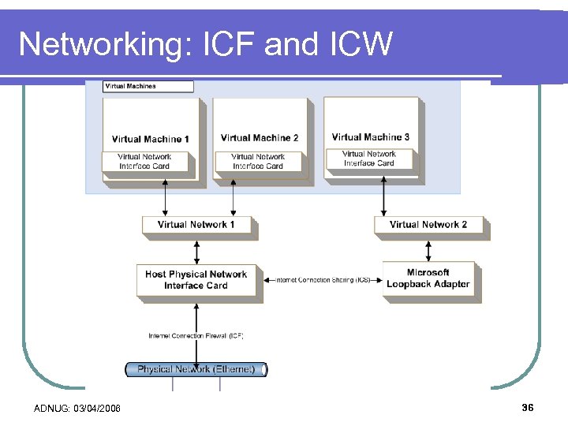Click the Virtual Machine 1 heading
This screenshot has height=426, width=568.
coord(151,139)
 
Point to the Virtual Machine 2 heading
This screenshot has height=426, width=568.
coord(260,138)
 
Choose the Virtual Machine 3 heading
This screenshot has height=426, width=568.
coord(370,137)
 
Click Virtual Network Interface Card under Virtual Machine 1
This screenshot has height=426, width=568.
coord(145,162)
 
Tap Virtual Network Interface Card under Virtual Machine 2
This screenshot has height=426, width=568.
coord(258,162)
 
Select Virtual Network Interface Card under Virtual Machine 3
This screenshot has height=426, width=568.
coord(369,159)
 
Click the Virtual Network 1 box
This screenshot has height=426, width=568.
coord(196,225)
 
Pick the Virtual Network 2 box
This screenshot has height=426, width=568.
coord(428,225)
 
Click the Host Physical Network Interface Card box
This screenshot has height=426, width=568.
coord(196,280)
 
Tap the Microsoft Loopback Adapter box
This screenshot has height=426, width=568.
coord(428,278)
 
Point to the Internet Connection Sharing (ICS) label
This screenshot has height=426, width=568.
coord(323,280)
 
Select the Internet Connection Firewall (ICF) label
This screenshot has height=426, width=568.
coord(196,336)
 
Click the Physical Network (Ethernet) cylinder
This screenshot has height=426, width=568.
coord(196,369)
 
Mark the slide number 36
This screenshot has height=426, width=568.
coord(528,407)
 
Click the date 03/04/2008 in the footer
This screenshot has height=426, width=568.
coord(99,408)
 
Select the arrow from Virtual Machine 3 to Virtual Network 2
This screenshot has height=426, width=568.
coord(384,196)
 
